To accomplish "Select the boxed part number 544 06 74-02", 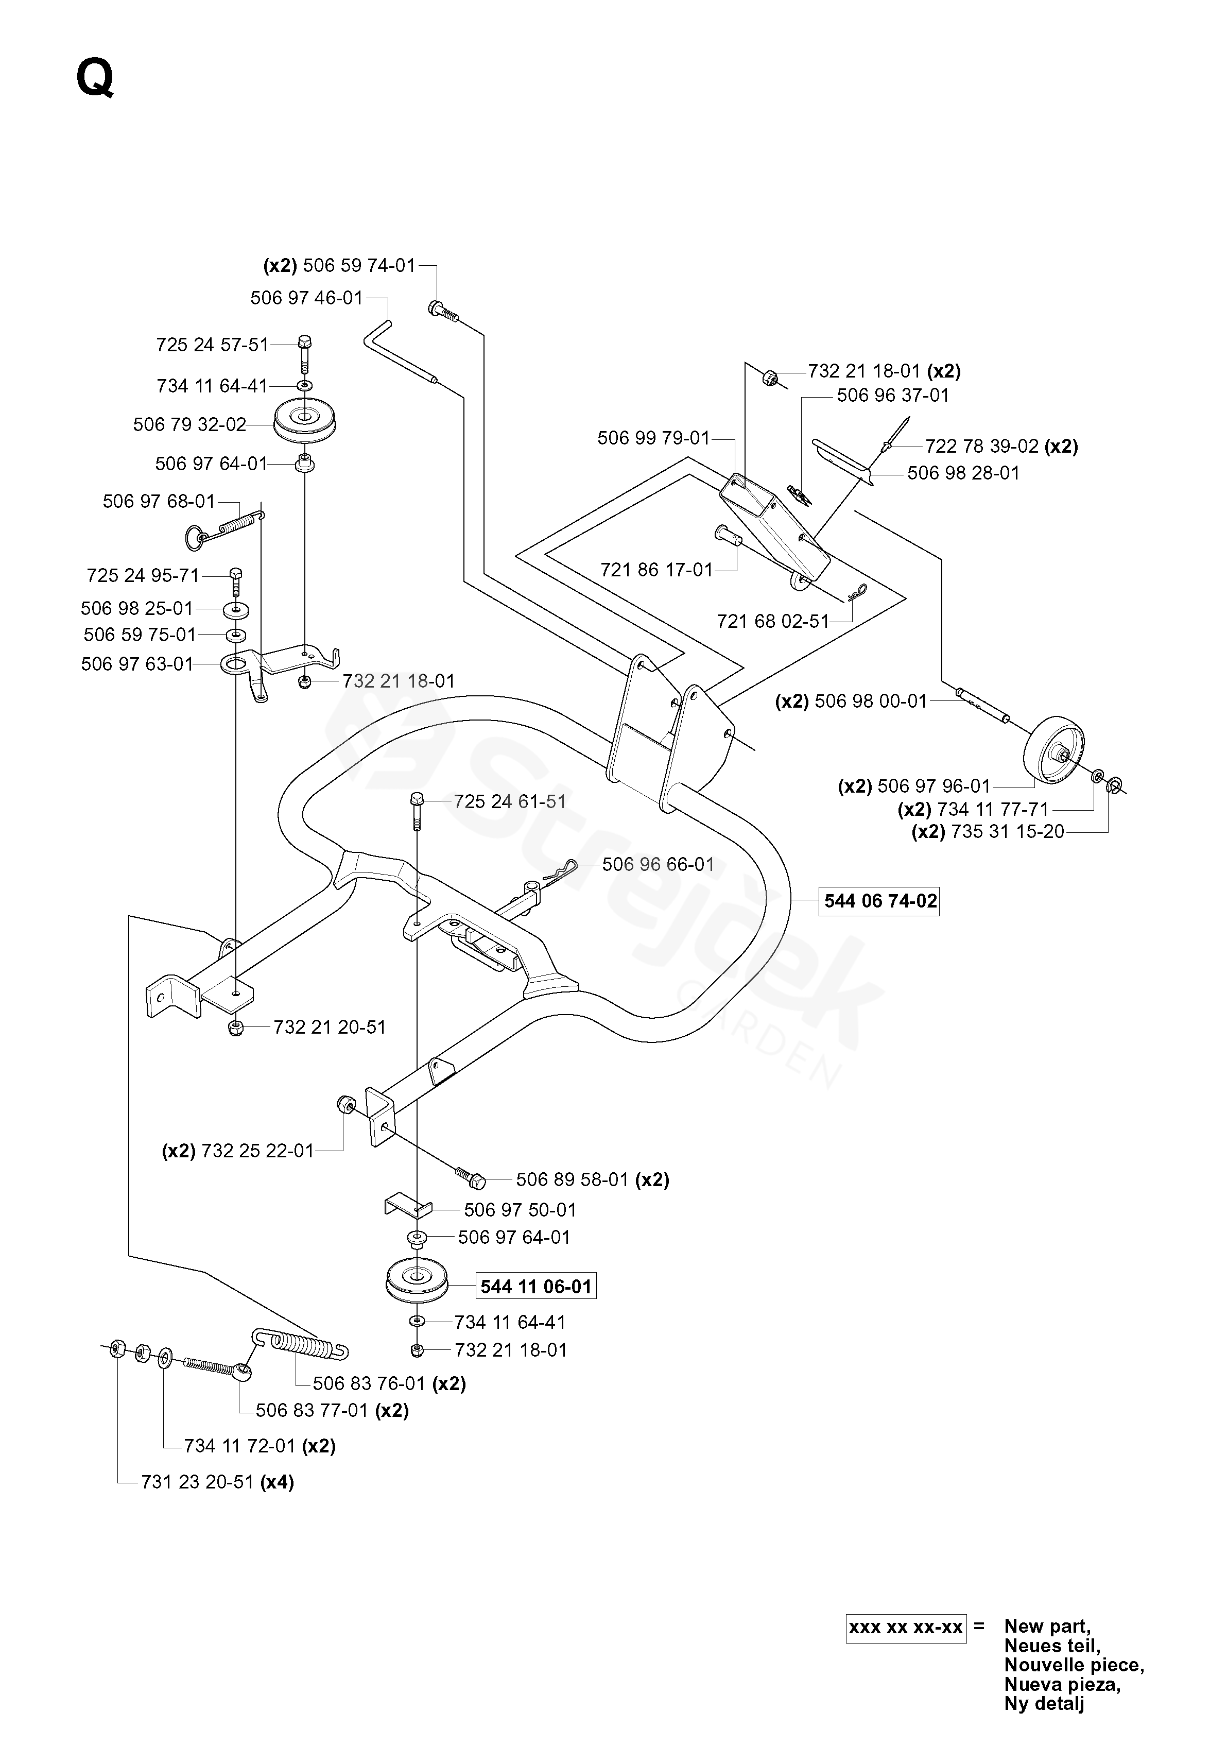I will point(879,901).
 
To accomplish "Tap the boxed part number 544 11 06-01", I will point(535,1287).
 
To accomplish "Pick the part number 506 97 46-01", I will point(307,298).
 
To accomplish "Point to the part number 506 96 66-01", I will point(658,864).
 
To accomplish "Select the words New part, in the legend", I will point(1047,1625).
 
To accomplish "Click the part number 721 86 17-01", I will point(656,570).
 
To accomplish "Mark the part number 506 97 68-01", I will point(159,502).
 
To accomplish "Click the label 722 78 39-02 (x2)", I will point(1001,446).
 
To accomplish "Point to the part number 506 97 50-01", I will point(520,1209).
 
